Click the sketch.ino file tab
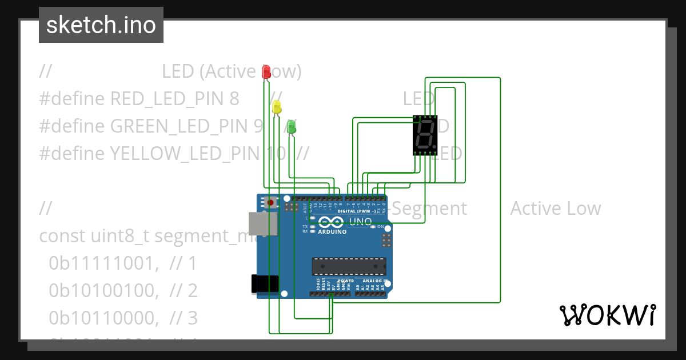tap(101, 25)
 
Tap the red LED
tap(266, 71)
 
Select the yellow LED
tap(277, 107)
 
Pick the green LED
tap(292, 127)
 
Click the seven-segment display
tap(425, 135)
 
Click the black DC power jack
tap(265, 284)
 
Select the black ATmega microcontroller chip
tap(349, 266)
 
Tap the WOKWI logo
tap(607, 315)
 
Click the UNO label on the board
tap(360, 222)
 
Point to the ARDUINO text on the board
tap(332, 232)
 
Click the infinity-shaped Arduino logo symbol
tap(332, 223)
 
